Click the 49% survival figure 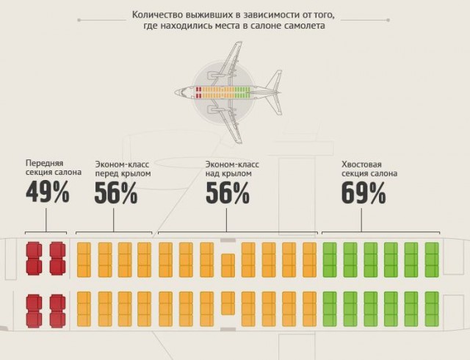click(x=48, y=193)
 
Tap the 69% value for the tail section click(x=364, y=193)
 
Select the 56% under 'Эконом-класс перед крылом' click(x=116, y=193)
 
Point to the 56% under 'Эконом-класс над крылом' click(x=228, y=193)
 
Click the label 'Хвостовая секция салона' click(x=369, y=169)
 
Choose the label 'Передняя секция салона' click(x=54, y=168)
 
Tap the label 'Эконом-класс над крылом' click(x=232, y=169)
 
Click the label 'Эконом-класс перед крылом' click(x=123, y=169)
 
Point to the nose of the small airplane click(x=176, y=92)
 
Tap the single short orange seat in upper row click(x=228, y=265)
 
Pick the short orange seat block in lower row click(x=228, y=303)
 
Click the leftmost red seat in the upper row click(x=34, y=259)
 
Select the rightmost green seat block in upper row click(x=432, y=260)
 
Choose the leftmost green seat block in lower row click(x=330, y=309)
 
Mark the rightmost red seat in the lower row click(x=57, y=311)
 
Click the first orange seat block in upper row click(x=84, y=260)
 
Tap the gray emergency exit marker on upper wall click(x=228, y=240)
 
